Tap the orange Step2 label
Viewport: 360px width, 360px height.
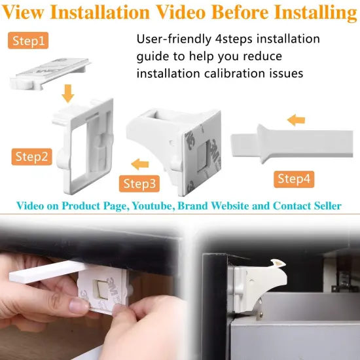[x=31, y=156]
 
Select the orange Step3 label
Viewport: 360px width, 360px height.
[x=139, y=183]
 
